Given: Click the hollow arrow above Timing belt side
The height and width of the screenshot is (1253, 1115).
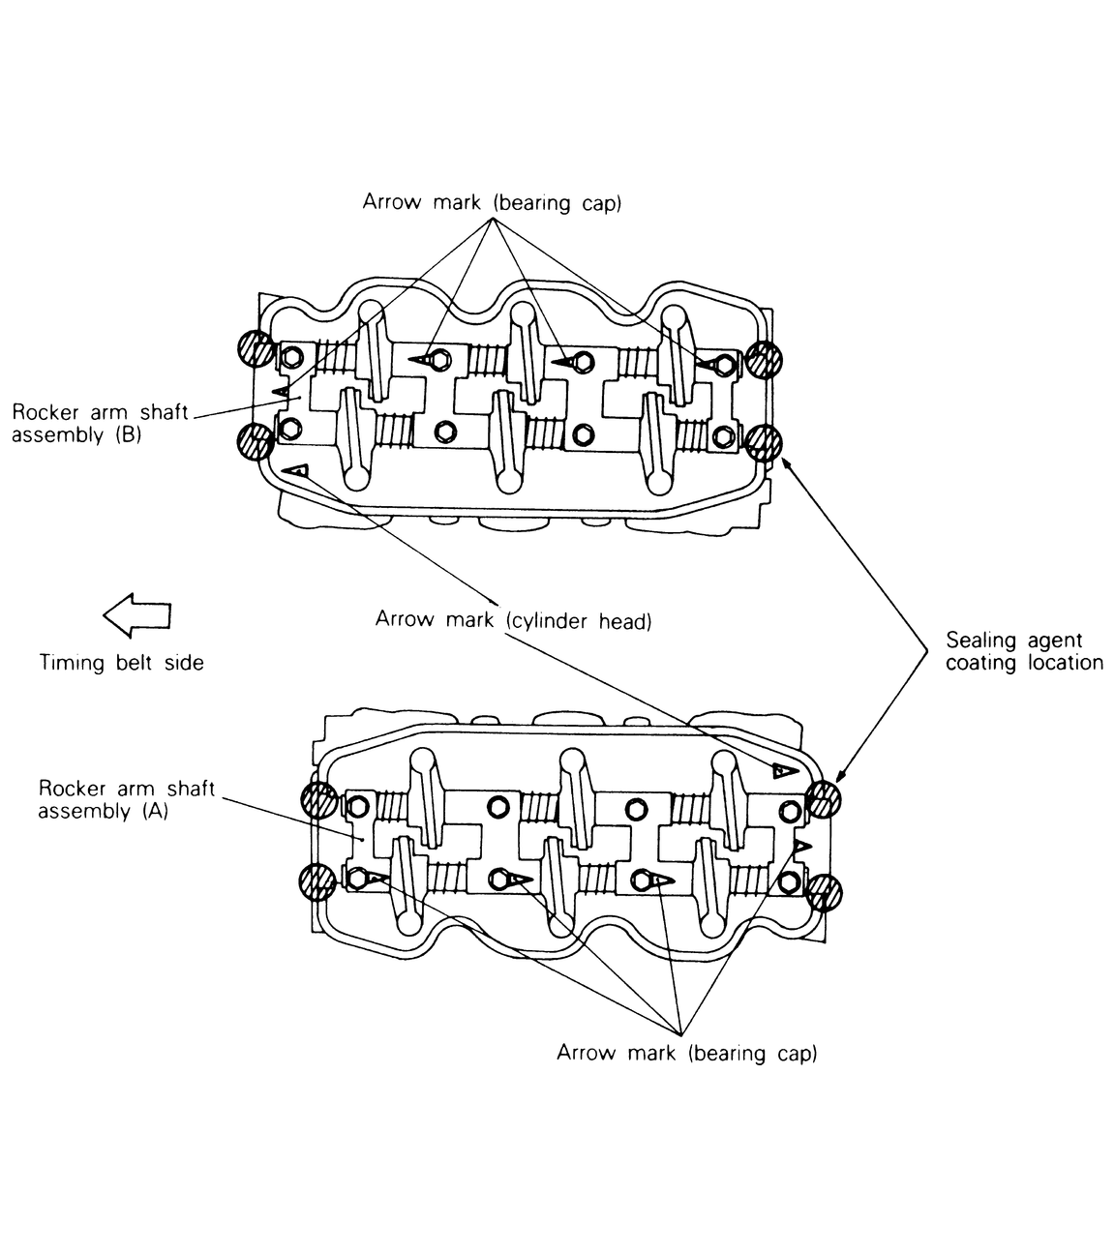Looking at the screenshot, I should (137, 615).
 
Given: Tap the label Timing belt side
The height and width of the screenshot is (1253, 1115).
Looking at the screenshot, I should (122, 663).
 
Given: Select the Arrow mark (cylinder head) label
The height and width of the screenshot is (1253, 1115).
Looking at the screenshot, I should (513, 620).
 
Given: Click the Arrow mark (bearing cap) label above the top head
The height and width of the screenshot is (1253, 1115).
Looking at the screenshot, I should (491, 203).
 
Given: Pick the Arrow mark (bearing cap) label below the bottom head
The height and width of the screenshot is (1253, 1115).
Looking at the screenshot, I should (686, 1053).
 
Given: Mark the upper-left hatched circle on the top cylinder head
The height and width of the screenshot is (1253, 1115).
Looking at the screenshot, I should (255, 348).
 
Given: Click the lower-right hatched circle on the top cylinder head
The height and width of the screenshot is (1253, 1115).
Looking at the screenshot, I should (763, 443).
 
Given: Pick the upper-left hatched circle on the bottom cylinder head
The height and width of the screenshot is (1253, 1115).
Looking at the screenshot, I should (319, 800).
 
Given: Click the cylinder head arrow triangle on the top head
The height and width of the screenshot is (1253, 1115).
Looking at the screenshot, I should (298, 470).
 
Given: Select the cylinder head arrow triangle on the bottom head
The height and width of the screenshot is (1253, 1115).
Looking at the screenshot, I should (782, 770).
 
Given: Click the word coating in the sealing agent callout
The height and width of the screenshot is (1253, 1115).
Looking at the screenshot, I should (979, 664).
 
